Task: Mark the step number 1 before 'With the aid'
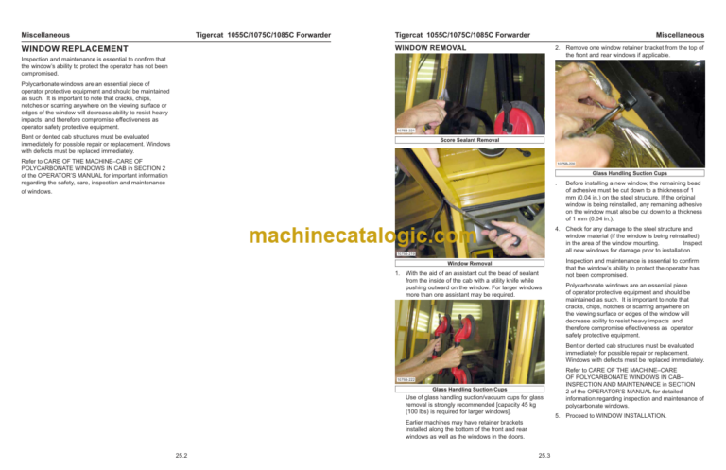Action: (397, 272)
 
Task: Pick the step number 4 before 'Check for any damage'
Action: (558, 229)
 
